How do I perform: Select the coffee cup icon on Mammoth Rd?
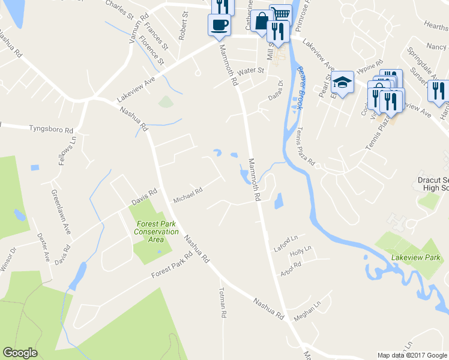(218, 25)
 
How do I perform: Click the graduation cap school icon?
(342, 83)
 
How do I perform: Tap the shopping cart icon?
(280, 14)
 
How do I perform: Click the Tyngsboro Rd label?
(51, 128)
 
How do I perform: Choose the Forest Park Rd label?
(172, 265)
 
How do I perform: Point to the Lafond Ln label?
(286, 239)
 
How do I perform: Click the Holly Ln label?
(300, 250)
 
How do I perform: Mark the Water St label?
(251, 71)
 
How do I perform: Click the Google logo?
(20, 353)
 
